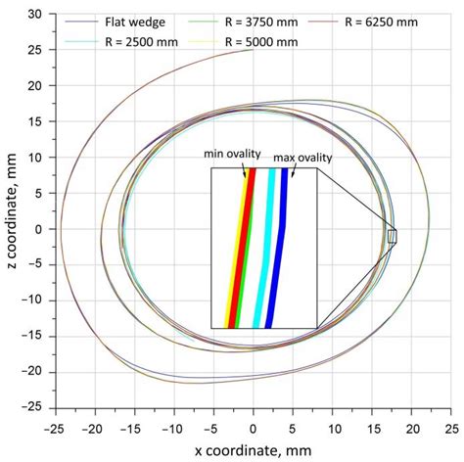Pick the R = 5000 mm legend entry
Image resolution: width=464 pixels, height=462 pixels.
click(258, 41)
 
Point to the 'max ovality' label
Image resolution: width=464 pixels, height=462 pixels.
click(297, 155)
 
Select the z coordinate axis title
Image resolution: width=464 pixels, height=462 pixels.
click(12, 210)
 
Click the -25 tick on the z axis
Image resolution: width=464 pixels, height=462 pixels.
click(36, 406)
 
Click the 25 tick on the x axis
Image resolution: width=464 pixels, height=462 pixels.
click(451, 424)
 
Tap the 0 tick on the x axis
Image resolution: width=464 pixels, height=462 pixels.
click(253, 424)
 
